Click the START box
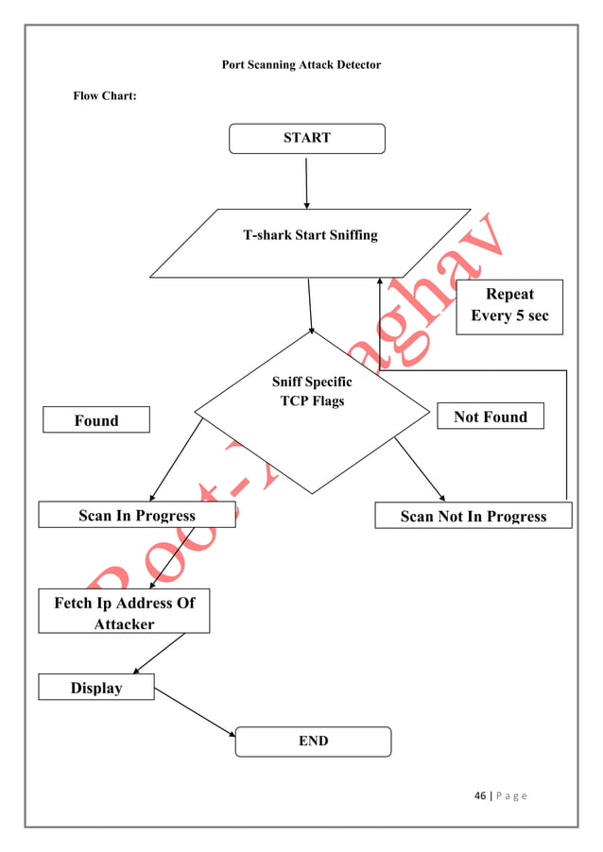(x=307, y=138)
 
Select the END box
(x=313, y=741)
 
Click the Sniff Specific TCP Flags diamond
(x=312, y=411)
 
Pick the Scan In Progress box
(x=137, y=515)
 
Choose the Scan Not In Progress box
(x=473, y=516)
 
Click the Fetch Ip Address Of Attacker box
(x=124, y=612)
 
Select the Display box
(x=95, y=688)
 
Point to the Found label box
(x=96, y=420)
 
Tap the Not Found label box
(x=491, y=417)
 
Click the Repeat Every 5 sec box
(x=509, y=306)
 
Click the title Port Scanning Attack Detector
(x=301, y=65)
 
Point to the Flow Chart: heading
(x=105, y=96)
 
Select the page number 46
(x=480, y=795)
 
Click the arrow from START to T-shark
(x=306, y=182)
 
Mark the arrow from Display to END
(x=194, y=712)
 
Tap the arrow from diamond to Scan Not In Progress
(x=420, y=469)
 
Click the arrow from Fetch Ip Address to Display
(x=159, y=654)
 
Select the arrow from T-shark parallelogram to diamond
(x=310, y=304)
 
